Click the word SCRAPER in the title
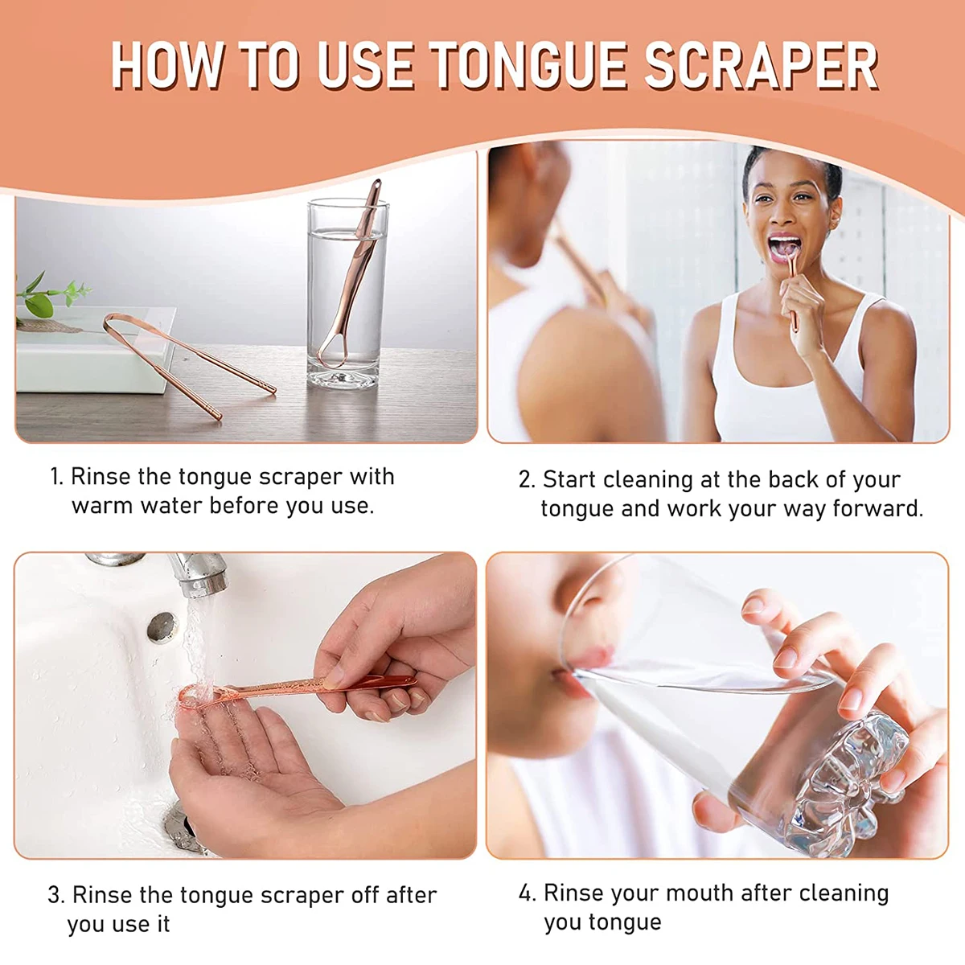[761, 66]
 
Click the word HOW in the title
[166, 66]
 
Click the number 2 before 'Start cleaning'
[526, 480]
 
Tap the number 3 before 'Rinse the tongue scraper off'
[56, 895]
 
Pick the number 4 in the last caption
[527, 893]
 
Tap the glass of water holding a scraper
[347, 294]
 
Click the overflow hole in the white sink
[162, 626]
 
